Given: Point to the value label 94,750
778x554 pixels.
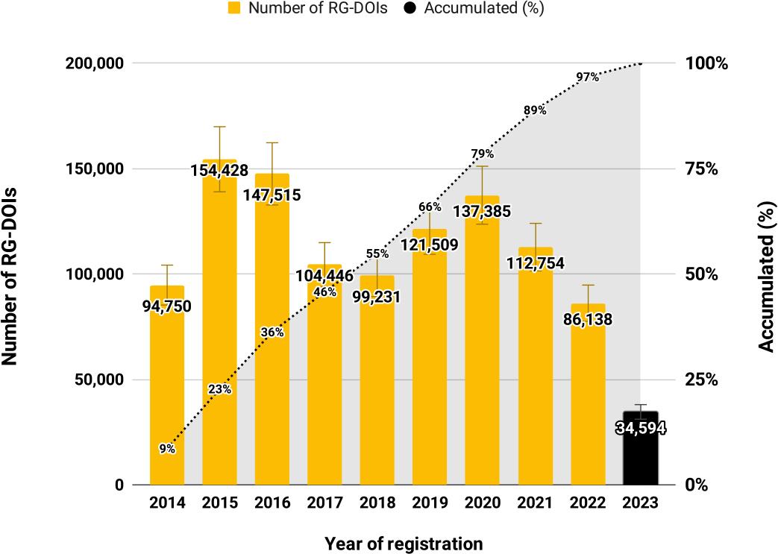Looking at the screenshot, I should [x=166, y=306].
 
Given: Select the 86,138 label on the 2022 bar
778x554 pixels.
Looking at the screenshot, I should [x=588, y=321].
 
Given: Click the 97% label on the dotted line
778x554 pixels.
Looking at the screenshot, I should [x=587, y=77].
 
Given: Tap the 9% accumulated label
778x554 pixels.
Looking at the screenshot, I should [x=167, y=448].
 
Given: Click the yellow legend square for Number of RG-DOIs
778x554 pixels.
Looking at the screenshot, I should [x=234, y=9].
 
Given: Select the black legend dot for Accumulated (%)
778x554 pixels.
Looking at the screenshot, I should [x=409, y=9].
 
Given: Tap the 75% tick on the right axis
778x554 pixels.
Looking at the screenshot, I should [x=701, y=169].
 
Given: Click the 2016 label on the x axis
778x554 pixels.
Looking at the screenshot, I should [x=272, y=503].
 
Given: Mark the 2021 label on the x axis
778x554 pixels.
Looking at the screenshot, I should [x=535, y=503].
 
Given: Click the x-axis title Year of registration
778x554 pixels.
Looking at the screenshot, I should [x=404, y=543].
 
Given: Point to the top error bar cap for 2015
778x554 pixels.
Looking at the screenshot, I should [x=219, y=127].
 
